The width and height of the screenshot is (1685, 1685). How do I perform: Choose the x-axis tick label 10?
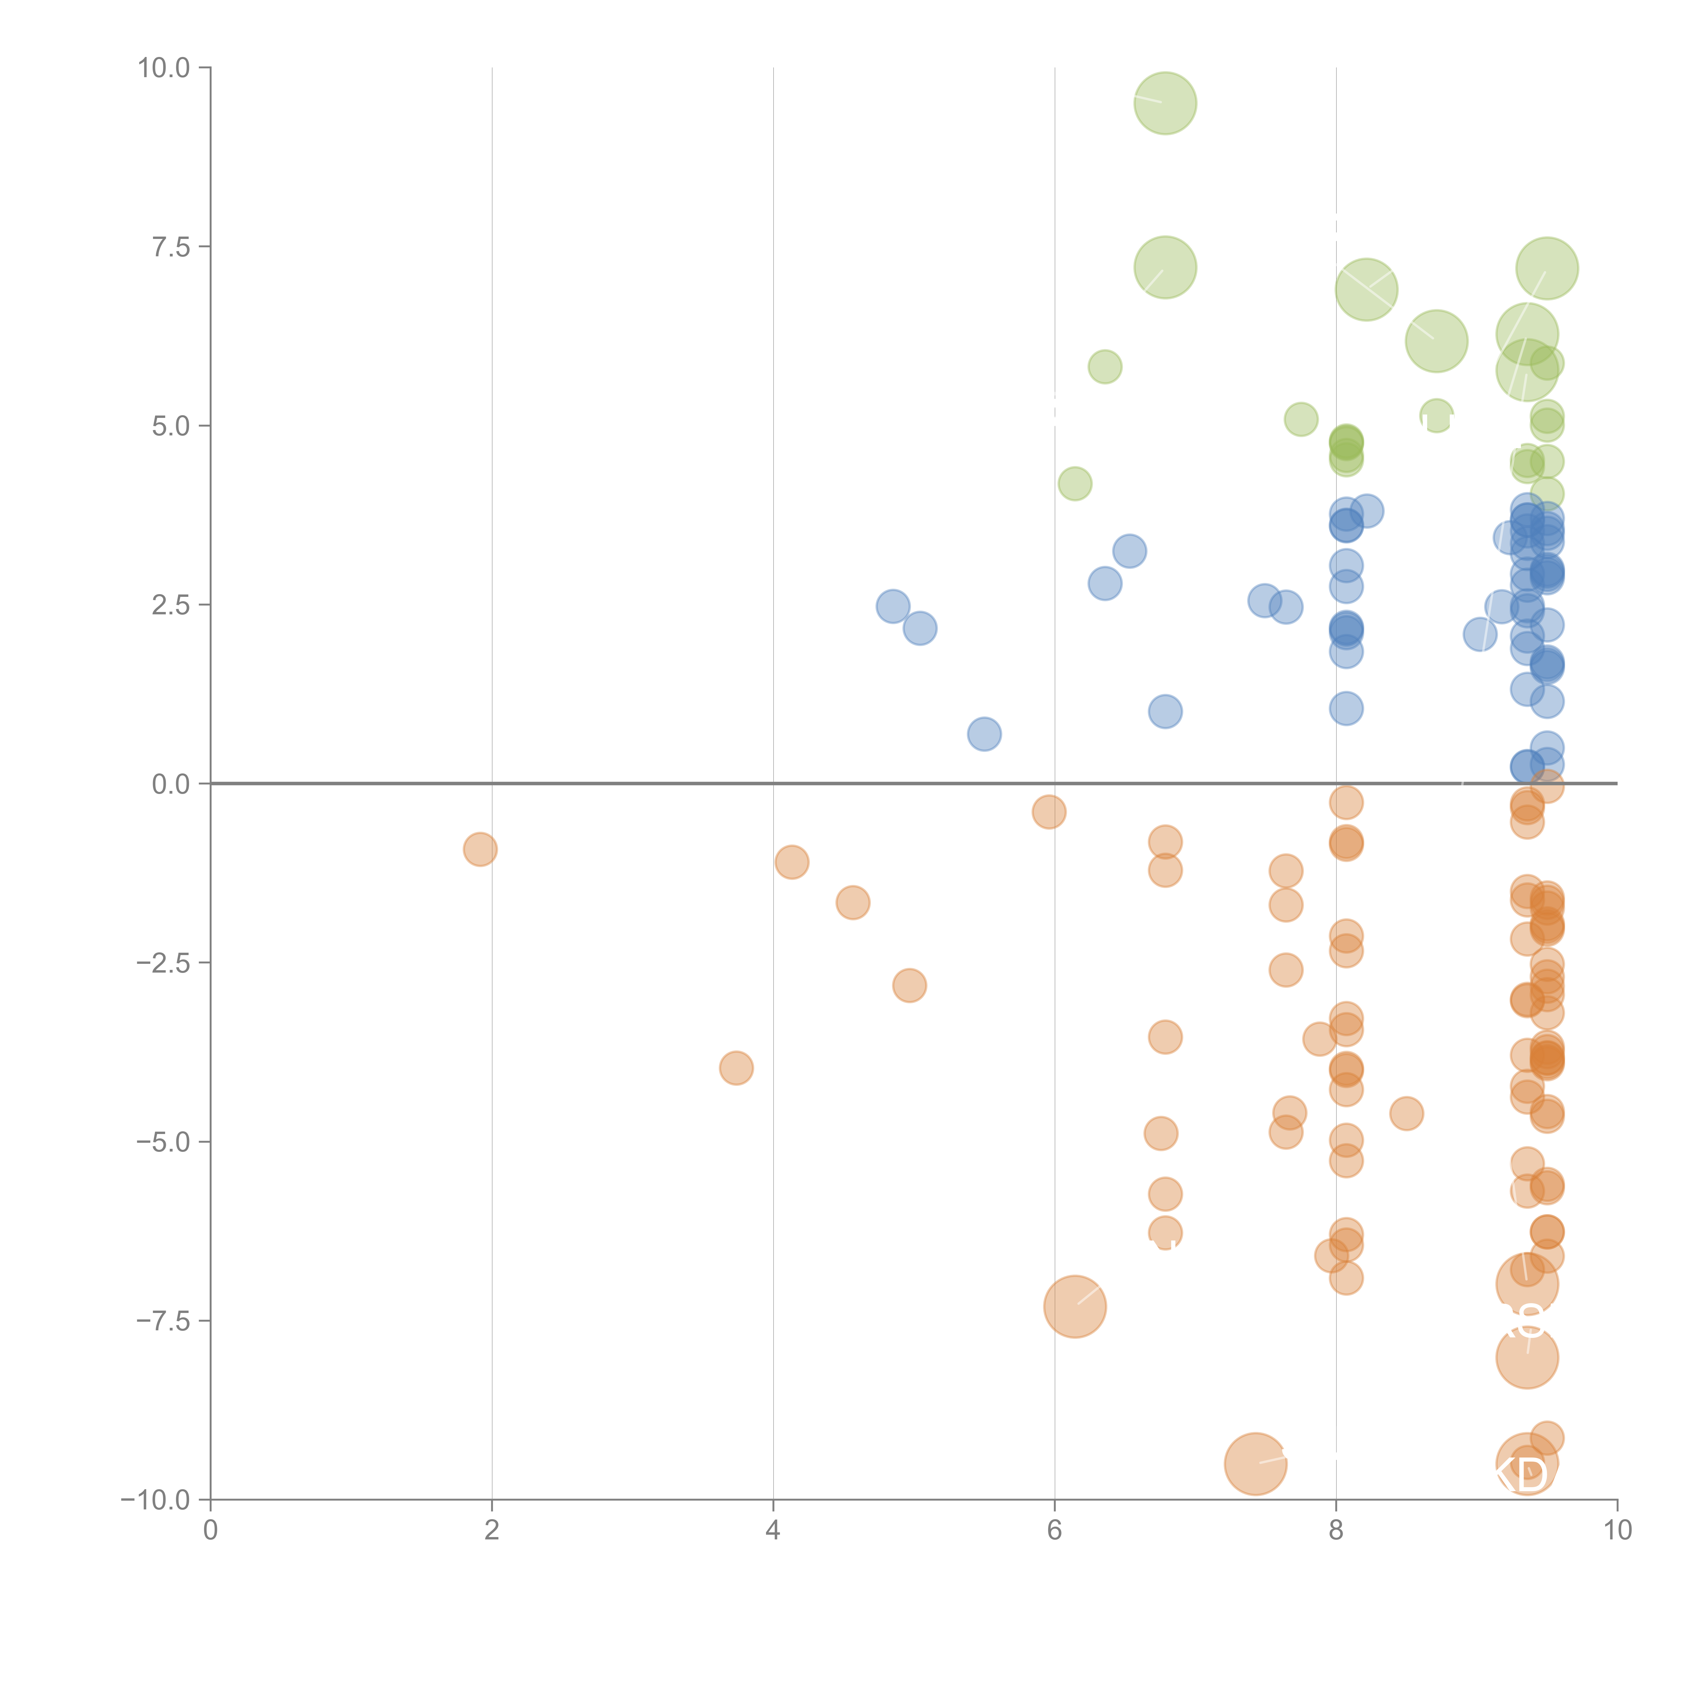[x=1617, y=1531]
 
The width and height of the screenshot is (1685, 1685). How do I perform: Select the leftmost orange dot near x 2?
[x=480, y=849]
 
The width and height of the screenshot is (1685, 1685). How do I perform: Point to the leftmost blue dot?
[x=892, y=606]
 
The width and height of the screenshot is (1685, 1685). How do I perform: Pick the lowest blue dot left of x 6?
[x=984, y=734]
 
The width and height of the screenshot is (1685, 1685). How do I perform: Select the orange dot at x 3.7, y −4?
[x=736, y=1068]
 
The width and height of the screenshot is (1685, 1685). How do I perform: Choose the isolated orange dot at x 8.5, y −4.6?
[x=1406, y=1113]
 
